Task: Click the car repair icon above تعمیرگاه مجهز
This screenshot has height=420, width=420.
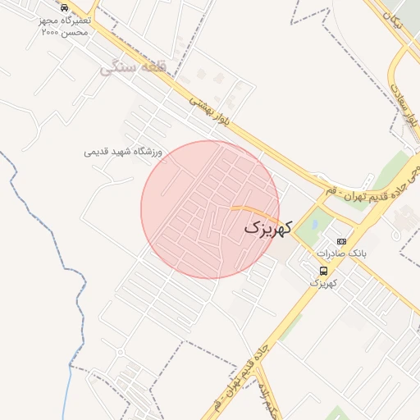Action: [x=65, y=7]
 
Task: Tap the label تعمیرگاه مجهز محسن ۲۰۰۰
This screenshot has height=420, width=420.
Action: [x=65, y=25]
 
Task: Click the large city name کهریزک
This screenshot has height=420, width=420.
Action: [x=267, y=229]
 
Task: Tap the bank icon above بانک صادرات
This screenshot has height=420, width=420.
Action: [x=341, y=241]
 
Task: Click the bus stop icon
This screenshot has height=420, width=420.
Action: [x=324, y=270]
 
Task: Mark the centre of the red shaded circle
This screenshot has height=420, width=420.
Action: [x=210, y=210]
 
